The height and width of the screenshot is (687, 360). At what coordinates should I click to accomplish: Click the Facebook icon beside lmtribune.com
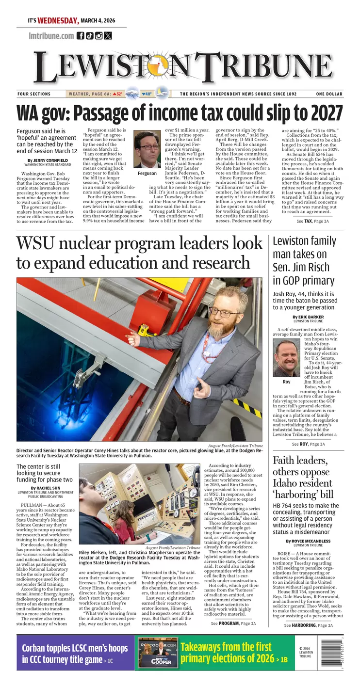tap(81, 35)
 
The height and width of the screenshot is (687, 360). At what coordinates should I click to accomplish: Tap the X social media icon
tap(108, 35)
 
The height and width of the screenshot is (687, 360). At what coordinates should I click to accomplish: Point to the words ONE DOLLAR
tap(329, 94)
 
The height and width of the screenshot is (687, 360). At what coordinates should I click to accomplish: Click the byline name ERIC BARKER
tap(312, 317)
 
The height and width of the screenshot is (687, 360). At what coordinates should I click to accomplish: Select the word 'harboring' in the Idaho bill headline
tap(296, 495)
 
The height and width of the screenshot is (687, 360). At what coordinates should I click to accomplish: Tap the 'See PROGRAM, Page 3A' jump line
tap(233, 623)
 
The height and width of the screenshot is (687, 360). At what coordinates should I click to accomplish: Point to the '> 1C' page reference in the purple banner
tap(108, 660)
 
